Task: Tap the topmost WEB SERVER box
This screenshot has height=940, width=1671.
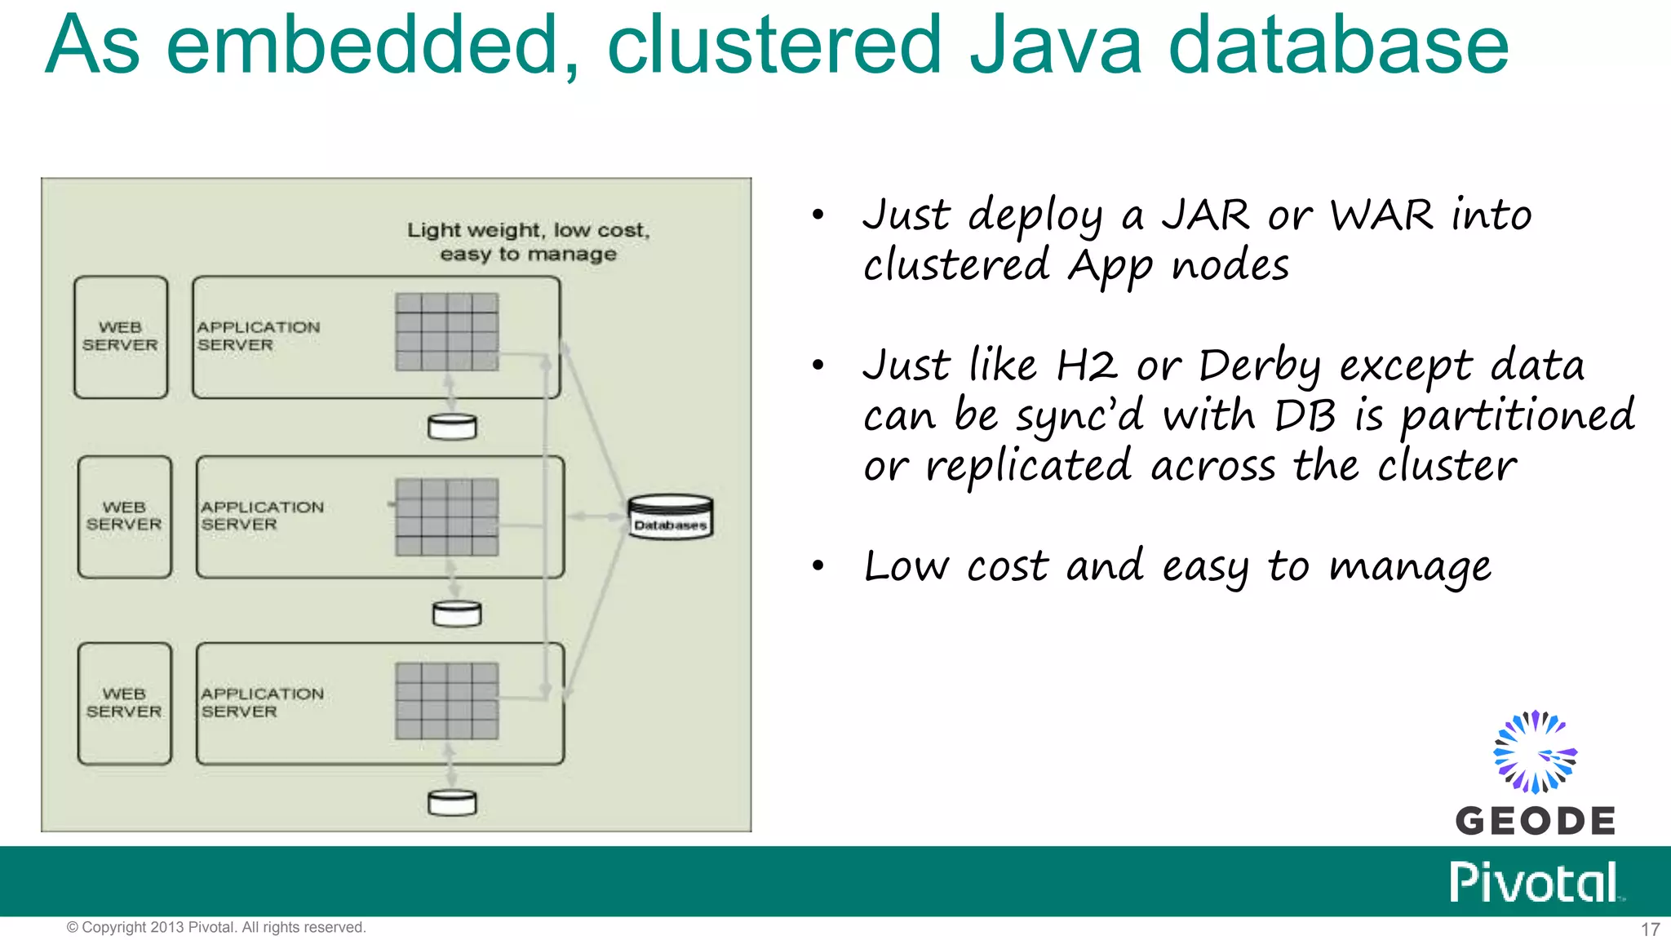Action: pos(121,337)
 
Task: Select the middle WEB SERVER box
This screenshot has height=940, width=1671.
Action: pos(125,517)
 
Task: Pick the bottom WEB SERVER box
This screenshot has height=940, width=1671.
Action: pos(125,703)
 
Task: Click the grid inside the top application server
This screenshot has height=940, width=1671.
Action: pos(446,332)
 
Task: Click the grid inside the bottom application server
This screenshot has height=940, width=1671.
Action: pos(446,701)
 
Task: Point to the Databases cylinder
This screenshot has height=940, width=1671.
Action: pos(671,517)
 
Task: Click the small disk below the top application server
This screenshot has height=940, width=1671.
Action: pos(452,427)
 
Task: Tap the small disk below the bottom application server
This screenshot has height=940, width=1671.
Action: pos(452,803)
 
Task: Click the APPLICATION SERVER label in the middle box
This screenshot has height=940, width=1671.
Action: pos(262,516)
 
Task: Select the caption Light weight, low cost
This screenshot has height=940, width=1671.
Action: pos(528,231)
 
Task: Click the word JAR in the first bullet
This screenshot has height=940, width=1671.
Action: pos(1205,215)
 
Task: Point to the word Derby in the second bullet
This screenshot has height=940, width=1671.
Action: pos(1259,366)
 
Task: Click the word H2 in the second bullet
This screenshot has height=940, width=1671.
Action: pos(1086,366)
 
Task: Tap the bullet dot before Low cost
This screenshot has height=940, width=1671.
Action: pos(818,565)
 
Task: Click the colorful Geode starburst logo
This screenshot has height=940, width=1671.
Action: pos(1535,752)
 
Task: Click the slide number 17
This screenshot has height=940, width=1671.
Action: pos(1650,929)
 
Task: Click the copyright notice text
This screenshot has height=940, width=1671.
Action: pos(216,928)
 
